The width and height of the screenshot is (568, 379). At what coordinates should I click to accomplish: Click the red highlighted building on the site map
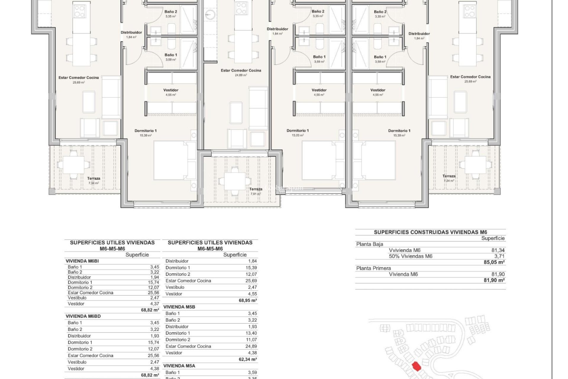(417, 367)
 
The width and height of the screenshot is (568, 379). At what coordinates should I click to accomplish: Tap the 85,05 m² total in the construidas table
(494, 262)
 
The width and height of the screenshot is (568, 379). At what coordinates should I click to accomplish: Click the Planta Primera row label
(373, 268)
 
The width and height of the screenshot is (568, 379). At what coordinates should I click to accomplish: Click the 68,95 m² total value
(248, 300)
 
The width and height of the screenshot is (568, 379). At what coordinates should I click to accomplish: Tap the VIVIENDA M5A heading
(179, 366)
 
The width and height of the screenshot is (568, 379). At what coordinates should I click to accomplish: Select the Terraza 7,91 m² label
(256, 191)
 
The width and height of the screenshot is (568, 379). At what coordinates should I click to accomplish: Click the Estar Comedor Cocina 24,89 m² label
(241, 72)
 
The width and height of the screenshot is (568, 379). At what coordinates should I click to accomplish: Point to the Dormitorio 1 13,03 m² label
(298, 132)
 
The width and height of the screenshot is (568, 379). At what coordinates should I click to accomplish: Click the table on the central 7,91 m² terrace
(235, 182)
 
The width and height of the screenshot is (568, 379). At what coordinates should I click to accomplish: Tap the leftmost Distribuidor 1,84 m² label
(131, 34)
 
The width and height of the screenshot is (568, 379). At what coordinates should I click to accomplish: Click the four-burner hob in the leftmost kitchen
(80, 11)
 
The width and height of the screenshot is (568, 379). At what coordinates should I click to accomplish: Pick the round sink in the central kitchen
(210, 14)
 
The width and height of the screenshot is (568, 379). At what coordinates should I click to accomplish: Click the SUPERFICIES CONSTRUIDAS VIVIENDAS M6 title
(430, 232)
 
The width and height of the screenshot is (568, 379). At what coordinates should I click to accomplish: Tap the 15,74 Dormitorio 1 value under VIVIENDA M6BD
(153, 342)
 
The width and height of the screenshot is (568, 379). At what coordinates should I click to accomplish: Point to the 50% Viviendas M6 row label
(410, 256)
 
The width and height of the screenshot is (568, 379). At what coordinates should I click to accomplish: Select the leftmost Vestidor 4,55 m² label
(171, 92)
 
